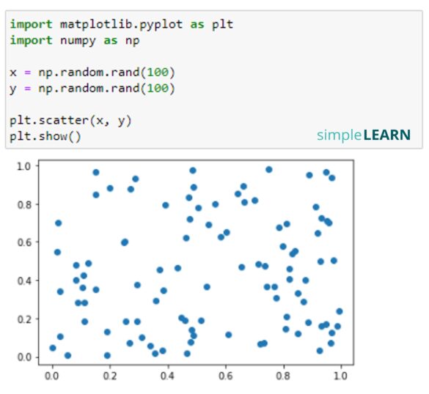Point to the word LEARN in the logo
[x=386, y=135]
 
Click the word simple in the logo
[x=339, y=135]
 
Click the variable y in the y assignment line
[x=13, y=89]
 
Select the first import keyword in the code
[x=31, y=24]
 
